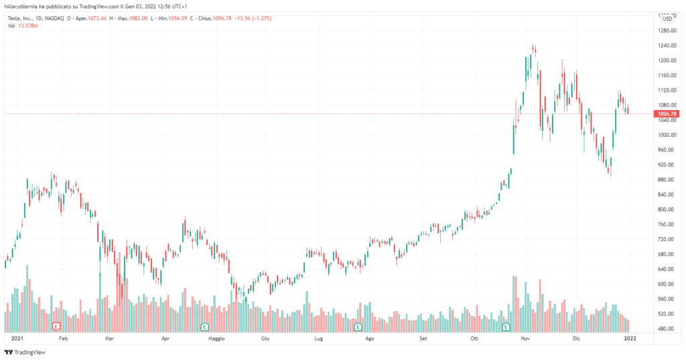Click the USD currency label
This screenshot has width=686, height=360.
pyautogui.click(x=667, y=19)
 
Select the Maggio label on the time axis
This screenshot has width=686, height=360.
pyautogui.click(x=216, y=339)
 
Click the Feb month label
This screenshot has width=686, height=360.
pyautogui.click(x=64, y=339)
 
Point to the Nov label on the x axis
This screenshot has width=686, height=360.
pyautogui.click(x=526, y=339)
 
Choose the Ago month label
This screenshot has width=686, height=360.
pyautogui.click(x=369, y=339)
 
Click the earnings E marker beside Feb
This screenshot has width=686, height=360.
pyautogui.click(x=56, y=326)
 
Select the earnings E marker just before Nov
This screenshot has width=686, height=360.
pyautogui.click(x=506, y=326)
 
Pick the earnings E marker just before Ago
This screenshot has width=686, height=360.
pyautogui.click(x=358, y=326)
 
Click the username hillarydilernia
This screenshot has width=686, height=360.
pyautogui.click(x=23, y=5)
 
